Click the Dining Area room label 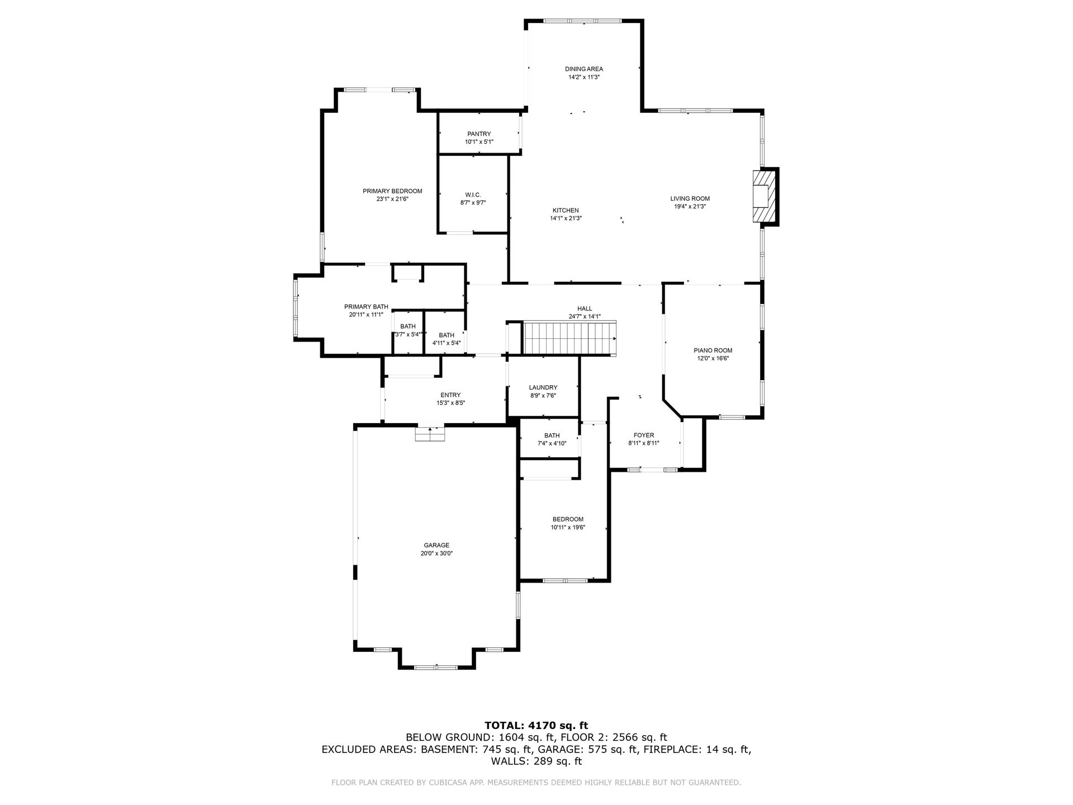[583, 69]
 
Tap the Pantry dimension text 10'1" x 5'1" [479, 142]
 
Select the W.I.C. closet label [473, 195]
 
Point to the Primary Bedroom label [392, 191]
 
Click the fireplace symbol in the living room [765, 196]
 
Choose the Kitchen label [566, 211]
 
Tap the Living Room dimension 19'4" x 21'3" [690, 206]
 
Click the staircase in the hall [569, 338]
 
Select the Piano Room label [713, 351]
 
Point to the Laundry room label [543, 387]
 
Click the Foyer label [644, 435]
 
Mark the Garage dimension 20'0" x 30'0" [436, 553]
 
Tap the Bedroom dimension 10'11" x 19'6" [568, 527]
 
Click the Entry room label [450, 395]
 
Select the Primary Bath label [366, 307]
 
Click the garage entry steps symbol [430, 434]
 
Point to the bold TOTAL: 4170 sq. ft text [536, 726]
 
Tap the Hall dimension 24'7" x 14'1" [585, 316]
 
